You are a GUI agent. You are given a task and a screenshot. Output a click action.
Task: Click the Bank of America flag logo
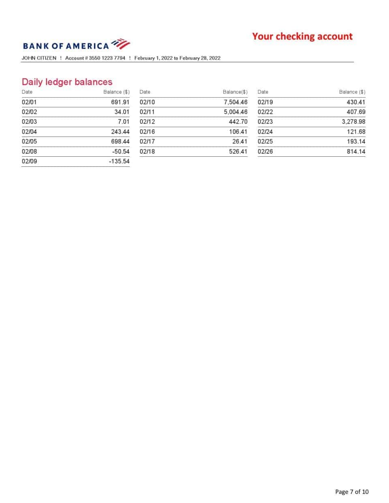120,43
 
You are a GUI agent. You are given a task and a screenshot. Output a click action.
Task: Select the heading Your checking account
302,36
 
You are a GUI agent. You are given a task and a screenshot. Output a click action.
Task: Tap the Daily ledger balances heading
67,82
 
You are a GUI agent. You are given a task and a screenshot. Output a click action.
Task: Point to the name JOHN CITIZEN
39,58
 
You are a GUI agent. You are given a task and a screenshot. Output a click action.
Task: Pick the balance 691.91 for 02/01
120,102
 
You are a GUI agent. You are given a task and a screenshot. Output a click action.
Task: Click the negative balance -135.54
119,161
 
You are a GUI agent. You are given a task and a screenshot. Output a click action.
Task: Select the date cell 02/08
29,151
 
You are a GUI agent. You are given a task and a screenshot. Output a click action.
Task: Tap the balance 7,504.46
235,102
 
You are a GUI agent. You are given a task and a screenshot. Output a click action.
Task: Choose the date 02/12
147,121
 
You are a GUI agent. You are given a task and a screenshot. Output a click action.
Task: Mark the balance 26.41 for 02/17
239,141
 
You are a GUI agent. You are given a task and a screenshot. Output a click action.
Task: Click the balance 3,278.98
353,121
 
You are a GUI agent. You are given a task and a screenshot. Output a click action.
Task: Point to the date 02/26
265,151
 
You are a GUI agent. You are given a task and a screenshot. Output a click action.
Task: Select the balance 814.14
356,151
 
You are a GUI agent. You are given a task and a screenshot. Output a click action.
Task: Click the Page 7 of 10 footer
352,492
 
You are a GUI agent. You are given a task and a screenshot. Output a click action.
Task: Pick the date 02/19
265,102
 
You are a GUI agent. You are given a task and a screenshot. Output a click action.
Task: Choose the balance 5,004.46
235,112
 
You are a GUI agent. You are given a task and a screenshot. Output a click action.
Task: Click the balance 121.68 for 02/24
356,132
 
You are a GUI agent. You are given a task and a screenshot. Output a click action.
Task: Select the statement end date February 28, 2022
200,58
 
